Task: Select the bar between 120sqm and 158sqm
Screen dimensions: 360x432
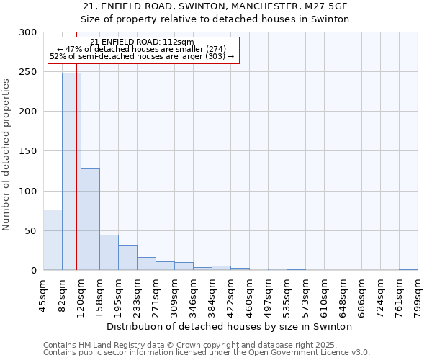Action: pyautogui.click(x=90, y=220)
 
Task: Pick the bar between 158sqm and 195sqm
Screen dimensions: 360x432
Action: pyautogui.click(x=109, y=253)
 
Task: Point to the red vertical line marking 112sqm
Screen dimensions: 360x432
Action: pyautogui.click(x=76, y=144)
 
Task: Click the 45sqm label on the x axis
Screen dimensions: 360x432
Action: pyautogui.click(x=43, y=294)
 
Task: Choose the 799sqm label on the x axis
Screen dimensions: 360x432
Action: pyautogui.click(x=418, y=294)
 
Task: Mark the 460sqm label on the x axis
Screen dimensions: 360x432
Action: pyautogui.click(x=249, y=294)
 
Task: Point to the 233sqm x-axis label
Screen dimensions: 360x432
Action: pyautogui.click(x=137, y=294)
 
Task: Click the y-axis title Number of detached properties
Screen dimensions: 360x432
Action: pyautogui.click(x=7, y=155)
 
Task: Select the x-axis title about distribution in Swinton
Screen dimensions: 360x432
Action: pyautogui.click(x=234, y=326)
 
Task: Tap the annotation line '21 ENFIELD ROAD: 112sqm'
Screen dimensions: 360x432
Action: pyautogui.click(x=142, y=42)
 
